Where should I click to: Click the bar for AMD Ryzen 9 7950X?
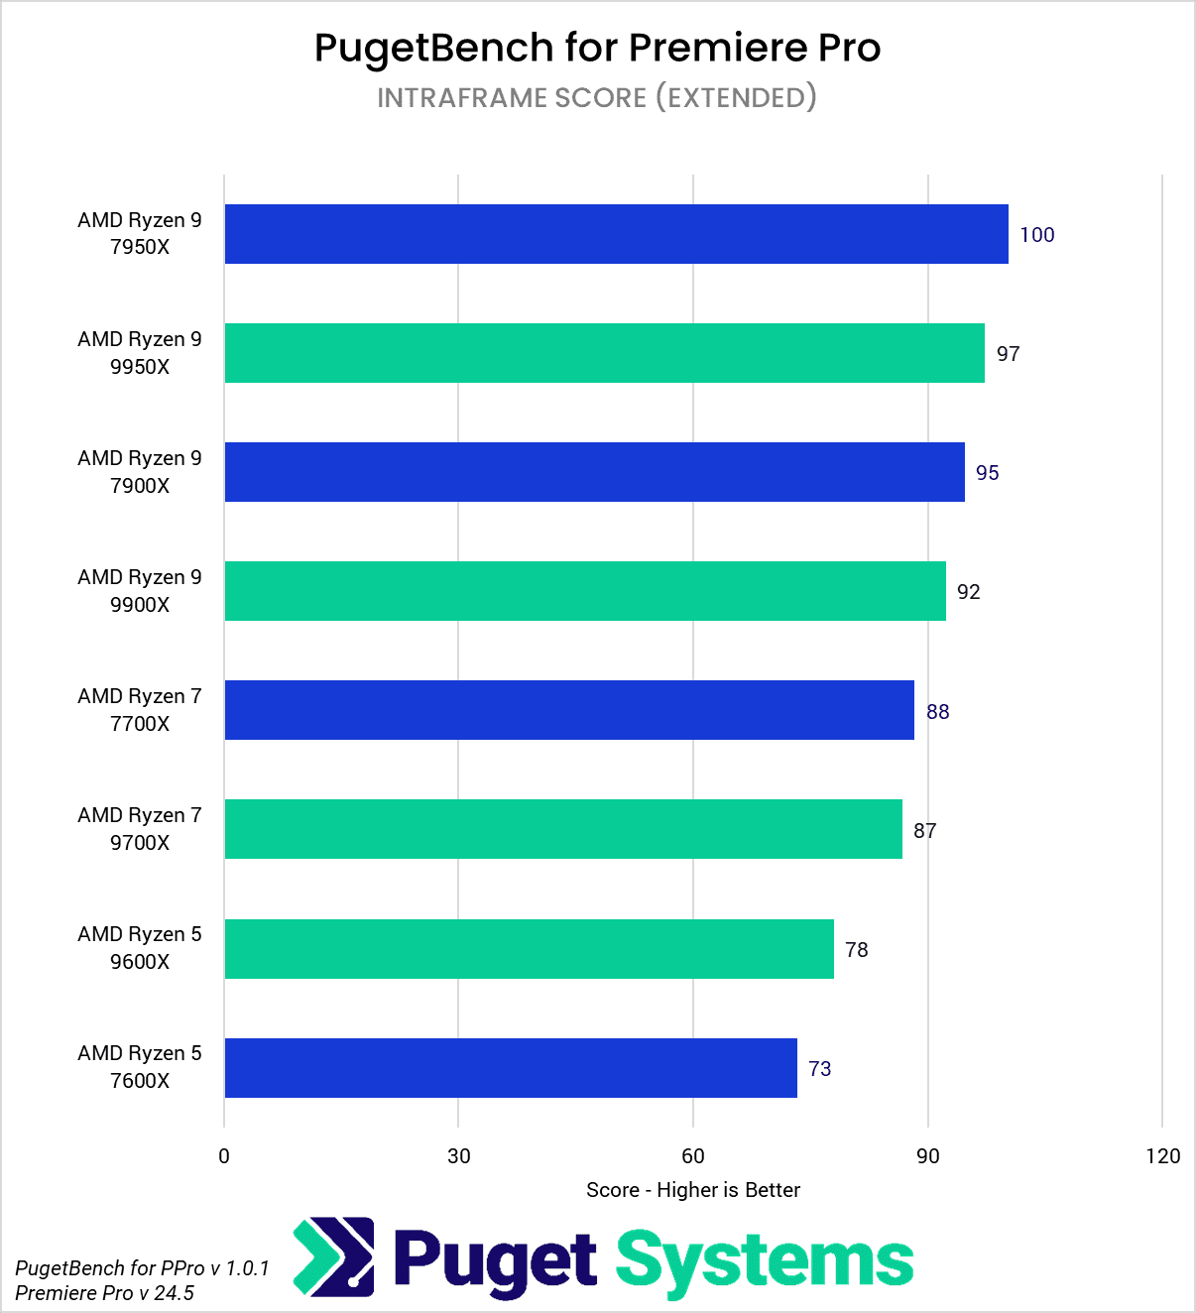click(616, 234)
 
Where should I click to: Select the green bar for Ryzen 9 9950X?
click(604, 353)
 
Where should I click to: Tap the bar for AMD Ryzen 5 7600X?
click(511, 1068)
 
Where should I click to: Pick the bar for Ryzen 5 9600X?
click(529, 949)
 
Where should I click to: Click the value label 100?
click(1037, 235)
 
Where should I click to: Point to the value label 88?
click(938, 711)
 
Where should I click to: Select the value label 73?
click(820, 1068)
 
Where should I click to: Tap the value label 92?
click(969, 592)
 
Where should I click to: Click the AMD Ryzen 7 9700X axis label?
click(140, 829)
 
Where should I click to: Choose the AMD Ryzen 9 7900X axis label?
click(140, 472)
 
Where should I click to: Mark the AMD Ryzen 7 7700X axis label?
click(140, 710)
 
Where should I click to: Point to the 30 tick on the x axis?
click(458, 1155)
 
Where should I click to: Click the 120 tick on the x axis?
click(1163, 1155)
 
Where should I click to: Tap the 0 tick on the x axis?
click(224, 1155)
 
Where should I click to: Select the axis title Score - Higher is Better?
click(693, 1190)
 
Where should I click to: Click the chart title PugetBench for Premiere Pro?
click(597, 48)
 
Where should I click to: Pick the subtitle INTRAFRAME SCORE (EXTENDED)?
click(597, 97)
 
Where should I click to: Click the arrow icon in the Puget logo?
click(334, 1257)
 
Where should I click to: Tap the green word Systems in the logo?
click(765, 1261)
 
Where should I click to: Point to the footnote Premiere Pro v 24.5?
click(105, 1293)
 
